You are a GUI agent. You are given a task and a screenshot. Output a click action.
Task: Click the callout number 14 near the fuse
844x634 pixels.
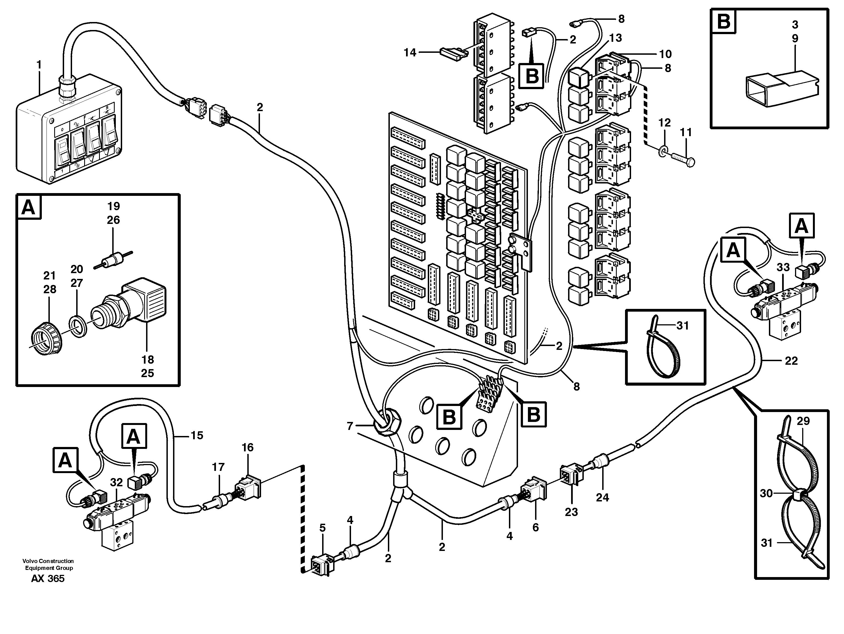(x=410, y=53)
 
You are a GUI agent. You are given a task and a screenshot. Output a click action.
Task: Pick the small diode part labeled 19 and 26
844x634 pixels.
(x=113, y=261)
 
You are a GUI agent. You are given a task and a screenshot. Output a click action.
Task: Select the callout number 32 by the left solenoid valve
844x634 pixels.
(x=116, y=482)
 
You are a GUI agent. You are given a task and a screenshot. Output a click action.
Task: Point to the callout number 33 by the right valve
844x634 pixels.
(x=783, y=267)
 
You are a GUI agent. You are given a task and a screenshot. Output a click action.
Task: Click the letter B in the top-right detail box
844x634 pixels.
(x=724, y=22)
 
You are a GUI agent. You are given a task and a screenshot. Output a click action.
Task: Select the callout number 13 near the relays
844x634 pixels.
(x=615, y=38)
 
